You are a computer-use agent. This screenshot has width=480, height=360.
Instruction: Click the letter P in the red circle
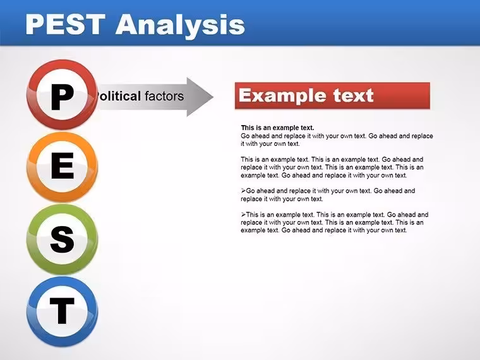click(x=62, y=97)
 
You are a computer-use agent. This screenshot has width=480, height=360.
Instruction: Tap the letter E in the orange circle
click(x=63, y=165)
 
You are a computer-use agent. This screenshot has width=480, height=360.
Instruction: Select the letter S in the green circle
click(x=62, y=239)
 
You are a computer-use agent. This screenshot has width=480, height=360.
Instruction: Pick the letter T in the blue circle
click(x=62, y=311)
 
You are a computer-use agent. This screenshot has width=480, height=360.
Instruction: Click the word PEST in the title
click(x=65, y=24)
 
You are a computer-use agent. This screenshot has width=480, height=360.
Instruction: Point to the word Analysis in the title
click(x=180, y=26)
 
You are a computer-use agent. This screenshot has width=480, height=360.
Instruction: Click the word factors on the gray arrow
click(x=164, y=96)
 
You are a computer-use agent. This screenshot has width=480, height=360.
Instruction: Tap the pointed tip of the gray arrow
click(x=213, y=97)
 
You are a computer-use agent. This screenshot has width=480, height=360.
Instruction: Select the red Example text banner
click(x=332, y=95)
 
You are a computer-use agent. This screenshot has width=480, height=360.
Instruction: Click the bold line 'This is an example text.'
click(x=277, y=128)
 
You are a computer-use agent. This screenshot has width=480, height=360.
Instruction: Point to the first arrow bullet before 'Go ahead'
click(x=243, y=191)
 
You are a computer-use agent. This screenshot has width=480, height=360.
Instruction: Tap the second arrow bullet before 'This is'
click(x=243, y=215)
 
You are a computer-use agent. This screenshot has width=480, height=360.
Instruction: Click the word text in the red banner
click(x=353, y=95)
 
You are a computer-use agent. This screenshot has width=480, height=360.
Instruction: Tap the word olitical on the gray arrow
click(x=119, y=96)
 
